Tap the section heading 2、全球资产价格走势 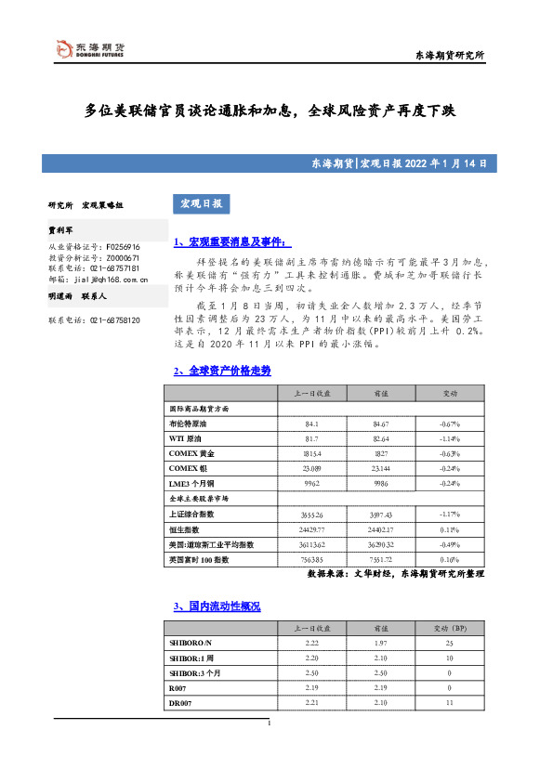tap(209, 370)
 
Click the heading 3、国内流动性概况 tap(217, 606)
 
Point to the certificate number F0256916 tap(123, 247)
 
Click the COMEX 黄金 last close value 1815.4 tap(312, 453)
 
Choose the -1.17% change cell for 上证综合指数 tap(449, 514)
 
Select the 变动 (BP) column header tap(449, 628)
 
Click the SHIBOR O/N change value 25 tap(449, 643)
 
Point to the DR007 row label tap(178, 702)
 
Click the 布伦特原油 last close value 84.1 tap(312, 424)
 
